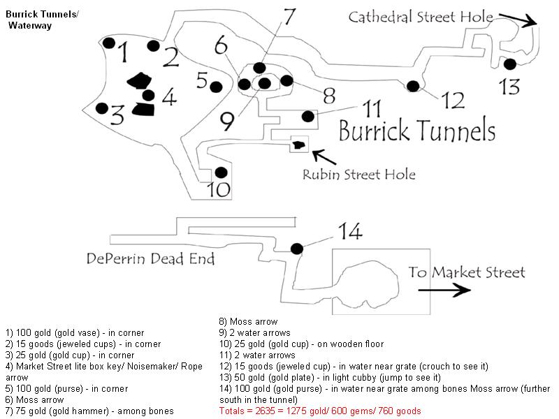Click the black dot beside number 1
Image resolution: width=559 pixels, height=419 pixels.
pos(109,43)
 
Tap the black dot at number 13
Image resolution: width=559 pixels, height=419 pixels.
pos(510,64)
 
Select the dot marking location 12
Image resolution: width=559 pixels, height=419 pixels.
pos(413,86)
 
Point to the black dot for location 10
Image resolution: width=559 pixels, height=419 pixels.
pos(221,172)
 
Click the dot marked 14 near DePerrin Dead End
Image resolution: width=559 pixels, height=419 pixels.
pos(296,249)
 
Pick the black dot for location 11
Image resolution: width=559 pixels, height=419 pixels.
pos(308,116)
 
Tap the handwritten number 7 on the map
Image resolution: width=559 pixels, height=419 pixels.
pos(289,16)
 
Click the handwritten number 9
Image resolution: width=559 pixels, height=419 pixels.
pos(227,121)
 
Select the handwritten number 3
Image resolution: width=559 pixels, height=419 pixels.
pos(117,115)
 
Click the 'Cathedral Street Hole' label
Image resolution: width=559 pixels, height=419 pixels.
pos(421,17)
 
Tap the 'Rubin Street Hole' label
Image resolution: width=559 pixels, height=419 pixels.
pos(359,175)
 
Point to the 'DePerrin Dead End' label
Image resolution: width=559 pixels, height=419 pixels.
pos(150,258)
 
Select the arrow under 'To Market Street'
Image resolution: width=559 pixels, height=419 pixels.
pos(444,290)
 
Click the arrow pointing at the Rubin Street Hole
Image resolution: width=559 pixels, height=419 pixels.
pos(324,157)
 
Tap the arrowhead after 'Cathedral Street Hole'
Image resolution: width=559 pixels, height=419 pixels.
pos(530,22)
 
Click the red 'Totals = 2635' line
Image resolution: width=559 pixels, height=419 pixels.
pos(320,411)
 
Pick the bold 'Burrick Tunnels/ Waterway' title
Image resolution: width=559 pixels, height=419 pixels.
pos(42,20)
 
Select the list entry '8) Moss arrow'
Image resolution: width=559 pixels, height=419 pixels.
pos(248,322)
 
